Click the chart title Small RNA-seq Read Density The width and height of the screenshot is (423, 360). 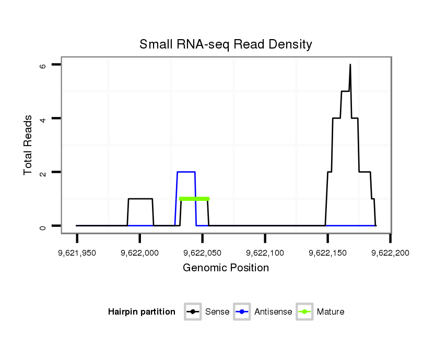(x=226, y=45)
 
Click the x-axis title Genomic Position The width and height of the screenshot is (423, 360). (x=226, y=268)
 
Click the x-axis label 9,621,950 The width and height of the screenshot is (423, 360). (x=77, y=253)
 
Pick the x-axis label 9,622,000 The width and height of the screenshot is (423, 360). (x=139, y=253)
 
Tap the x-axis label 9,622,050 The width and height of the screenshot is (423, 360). (x=202, y=253)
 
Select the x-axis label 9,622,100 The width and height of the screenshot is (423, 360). (x=265, y=253)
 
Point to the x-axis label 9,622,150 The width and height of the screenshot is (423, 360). (x=327, y=253)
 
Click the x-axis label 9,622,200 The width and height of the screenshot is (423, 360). (x=390, y=253)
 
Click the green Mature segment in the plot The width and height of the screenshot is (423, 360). (x=194, y=199)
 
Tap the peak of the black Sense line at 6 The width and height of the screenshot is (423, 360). (x=350, y=65)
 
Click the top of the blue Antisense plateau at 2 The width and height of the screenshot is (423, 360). (x=186, y=172)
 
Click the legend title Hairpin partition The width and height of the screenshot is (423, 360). (x=142, y=312)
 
